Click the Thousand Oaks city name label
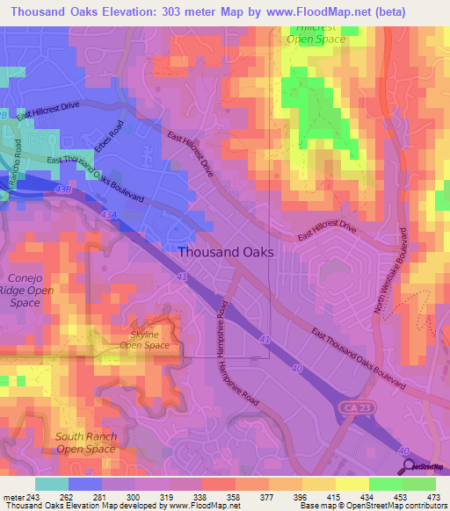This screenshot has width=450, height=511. (226, 251)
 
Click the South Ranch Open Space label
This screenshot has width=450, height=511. (85, 443)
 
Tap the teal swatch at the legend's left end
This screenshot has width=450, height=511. (51, 484)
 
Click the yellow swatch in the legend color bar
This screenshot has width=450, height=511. (352, 484)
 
